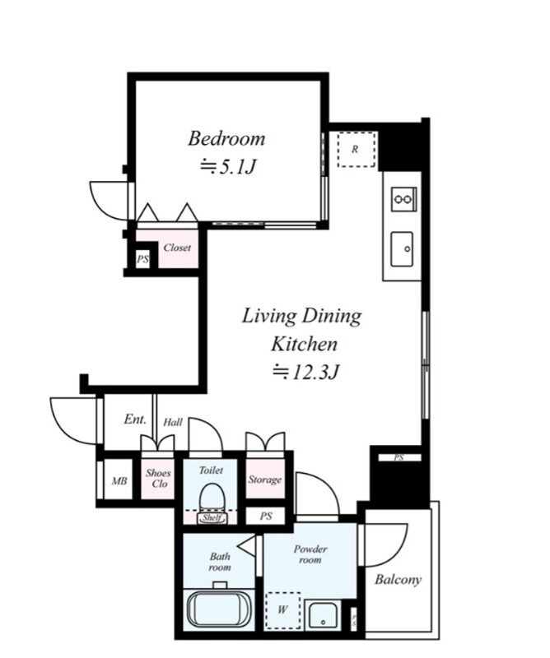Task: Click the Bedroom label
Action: pyautogui.click(x=226, y=139)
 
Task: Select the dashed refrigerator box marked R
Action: pyautogui.click(x=357, y=150)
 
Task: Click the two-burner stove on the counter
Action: pyautogui.click(x=403, y=199)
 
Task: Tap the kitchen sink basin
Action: pyautogui.click(x=402, y=249)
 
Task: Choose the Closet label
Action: pyautogui.click(x=177, y=248)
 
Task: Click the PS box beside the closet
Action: pyautogui.click(x=142, y=259)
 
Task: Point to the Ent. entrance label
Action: pyautogui.click(x=135, y=419)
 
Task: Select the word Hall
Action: pyautogui.click(x=173, y=422)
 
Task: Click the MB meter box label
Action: pyautogui.click(x=119, y=481)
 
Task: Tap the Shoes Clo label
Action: pyautogui.click(x=158, y=478)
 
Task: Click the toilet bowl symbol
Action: pyautogui.click(x=212, y=497)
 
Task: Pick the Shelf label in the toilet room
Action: pyautogui.click(x=212, y=518)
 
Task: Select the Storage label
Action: pyautogui.click(x=264, y=480)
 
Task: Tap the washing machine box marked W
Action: pyautogui.click(x=283, y=610)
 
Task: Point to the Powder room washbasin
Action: pyautogui.click(x=322, y=615)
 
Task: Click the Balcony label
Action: pyautogui.click(x=398, y=581)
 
